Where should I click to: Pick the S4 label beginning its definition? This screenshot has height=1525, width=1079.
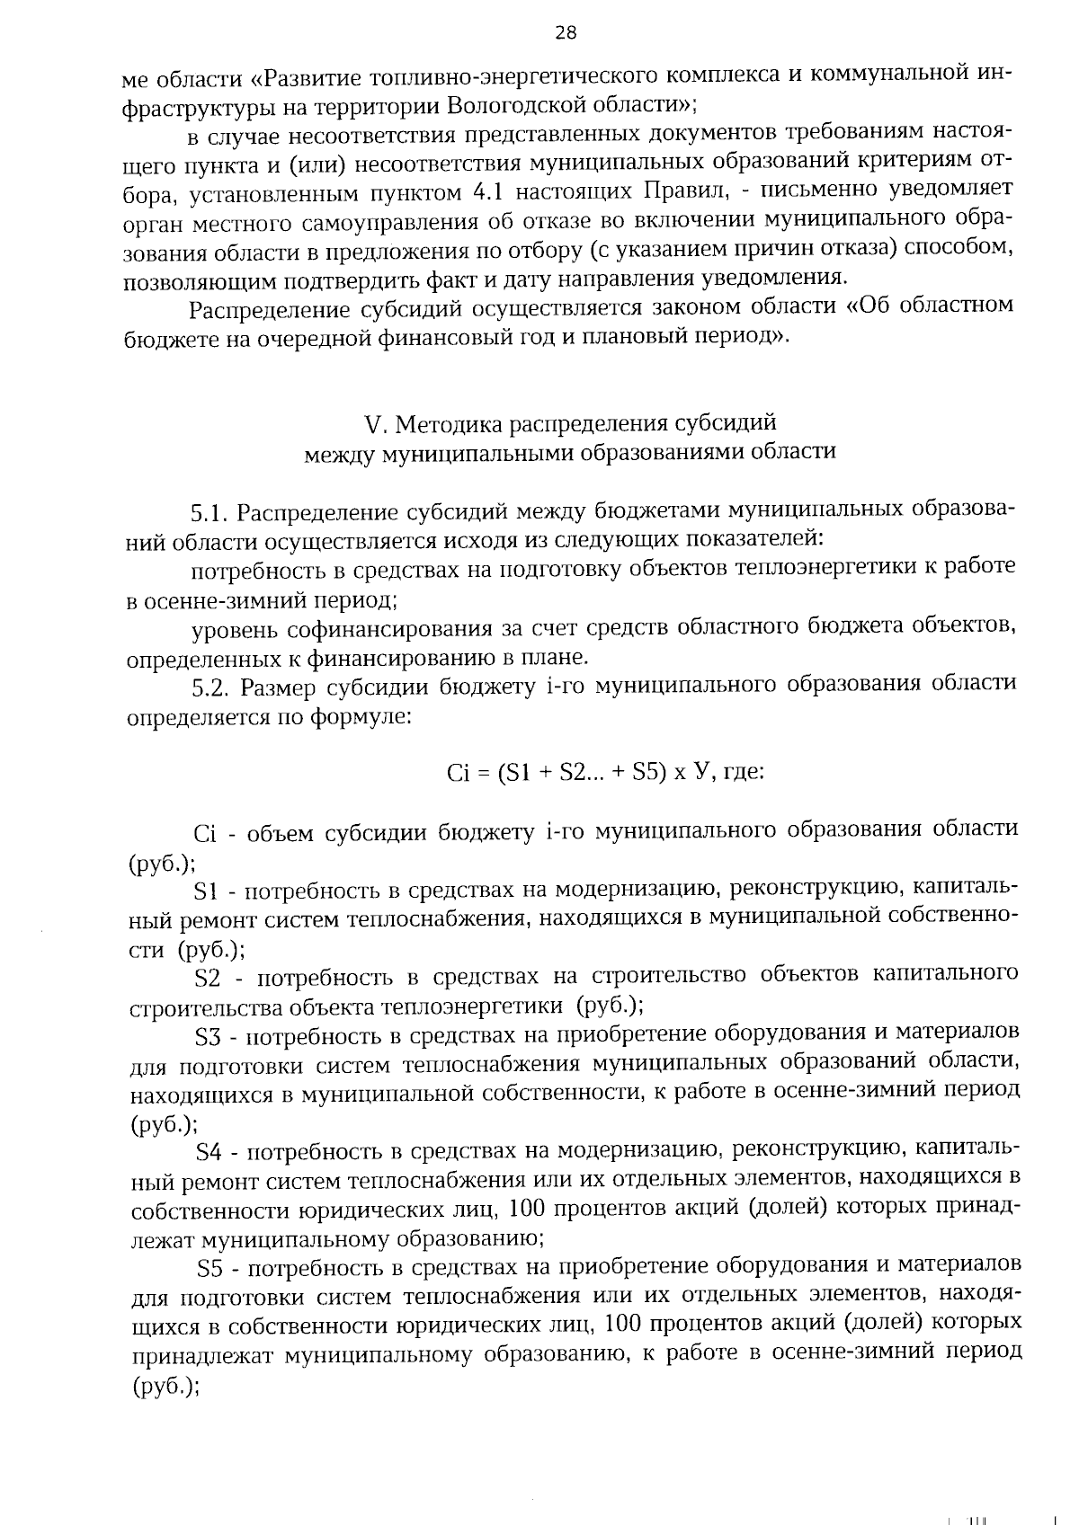210,1152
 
